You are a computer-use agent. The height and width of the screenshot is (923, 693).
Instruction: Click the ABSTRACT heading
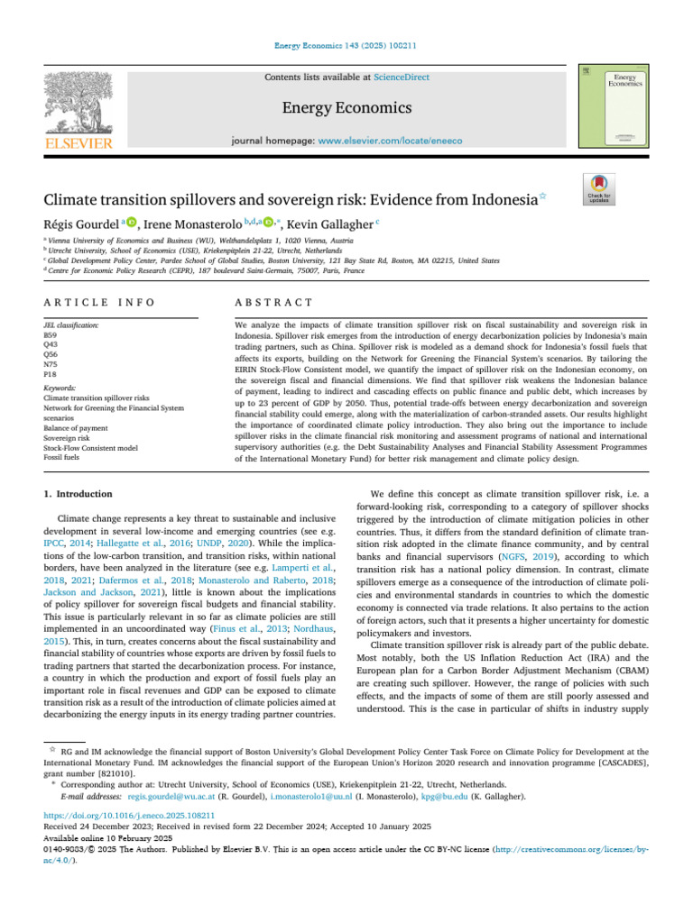[273, 302]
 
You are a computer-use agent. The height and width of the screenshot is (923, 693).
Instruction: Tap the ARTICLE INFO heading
[98, 302]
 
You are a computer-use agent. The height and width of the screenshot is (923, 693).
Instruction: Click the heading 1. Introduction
[79, 494]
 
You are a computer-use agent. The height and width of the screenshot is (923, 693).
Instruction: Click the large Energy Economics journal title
[346, 108]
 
